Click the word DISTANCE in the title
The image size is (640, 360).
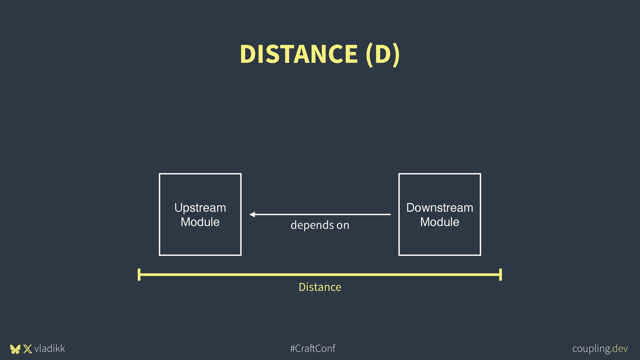click(298, 54)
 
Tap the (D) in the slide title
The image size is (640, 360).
click(382, 54)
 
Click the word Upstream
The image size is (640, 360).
click(200, 208)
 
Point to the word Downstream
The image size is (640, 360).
click(439, 208)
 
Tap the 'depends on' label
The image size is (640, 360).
click(320, 225)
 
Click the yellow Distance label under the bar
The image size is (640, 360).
click(320, 287)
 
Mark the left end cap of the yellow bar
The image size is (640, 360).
click(139, 275)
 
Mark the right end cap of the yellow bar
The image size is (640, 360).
click(500, 275)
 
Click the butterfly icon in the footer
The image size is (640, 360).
click(15, 349)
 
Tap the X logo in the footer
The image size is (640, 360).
click(28, 349)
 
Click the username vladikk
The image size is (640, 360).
click(49, 348)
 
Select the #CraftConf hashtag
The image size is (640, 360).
click(313, 348)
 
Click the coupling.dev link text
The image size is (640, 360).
click(600, 349)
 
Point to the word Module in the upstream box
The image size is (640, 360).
click(200, 222)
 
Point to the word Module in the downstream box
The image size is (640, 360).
click(439, 222)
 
